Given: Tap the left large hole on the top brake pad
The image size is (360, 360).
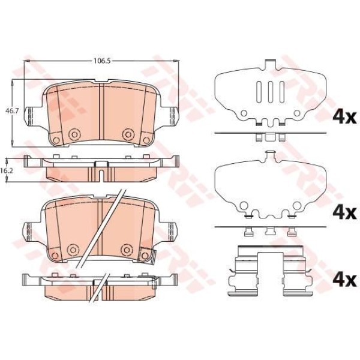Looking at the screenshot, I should (74, 133).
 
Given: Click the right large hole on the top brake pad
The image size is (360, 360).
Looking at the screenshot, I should (127, 133).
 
